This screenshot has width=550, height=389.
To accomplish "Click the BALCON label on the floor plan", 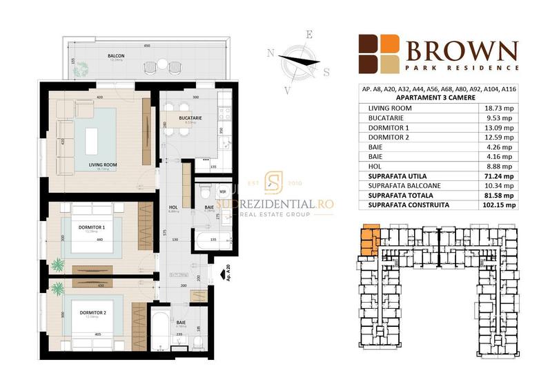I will click(x=116, y=55).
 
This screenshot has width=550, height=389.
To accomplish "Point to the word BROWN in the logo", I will click(x=462, y=51).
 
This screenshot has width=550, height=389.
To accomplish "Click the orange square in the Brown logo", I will click(x=390, y=44).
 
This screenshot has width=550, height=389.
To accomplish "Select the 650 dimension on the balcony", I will click(x=147, y=46).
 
